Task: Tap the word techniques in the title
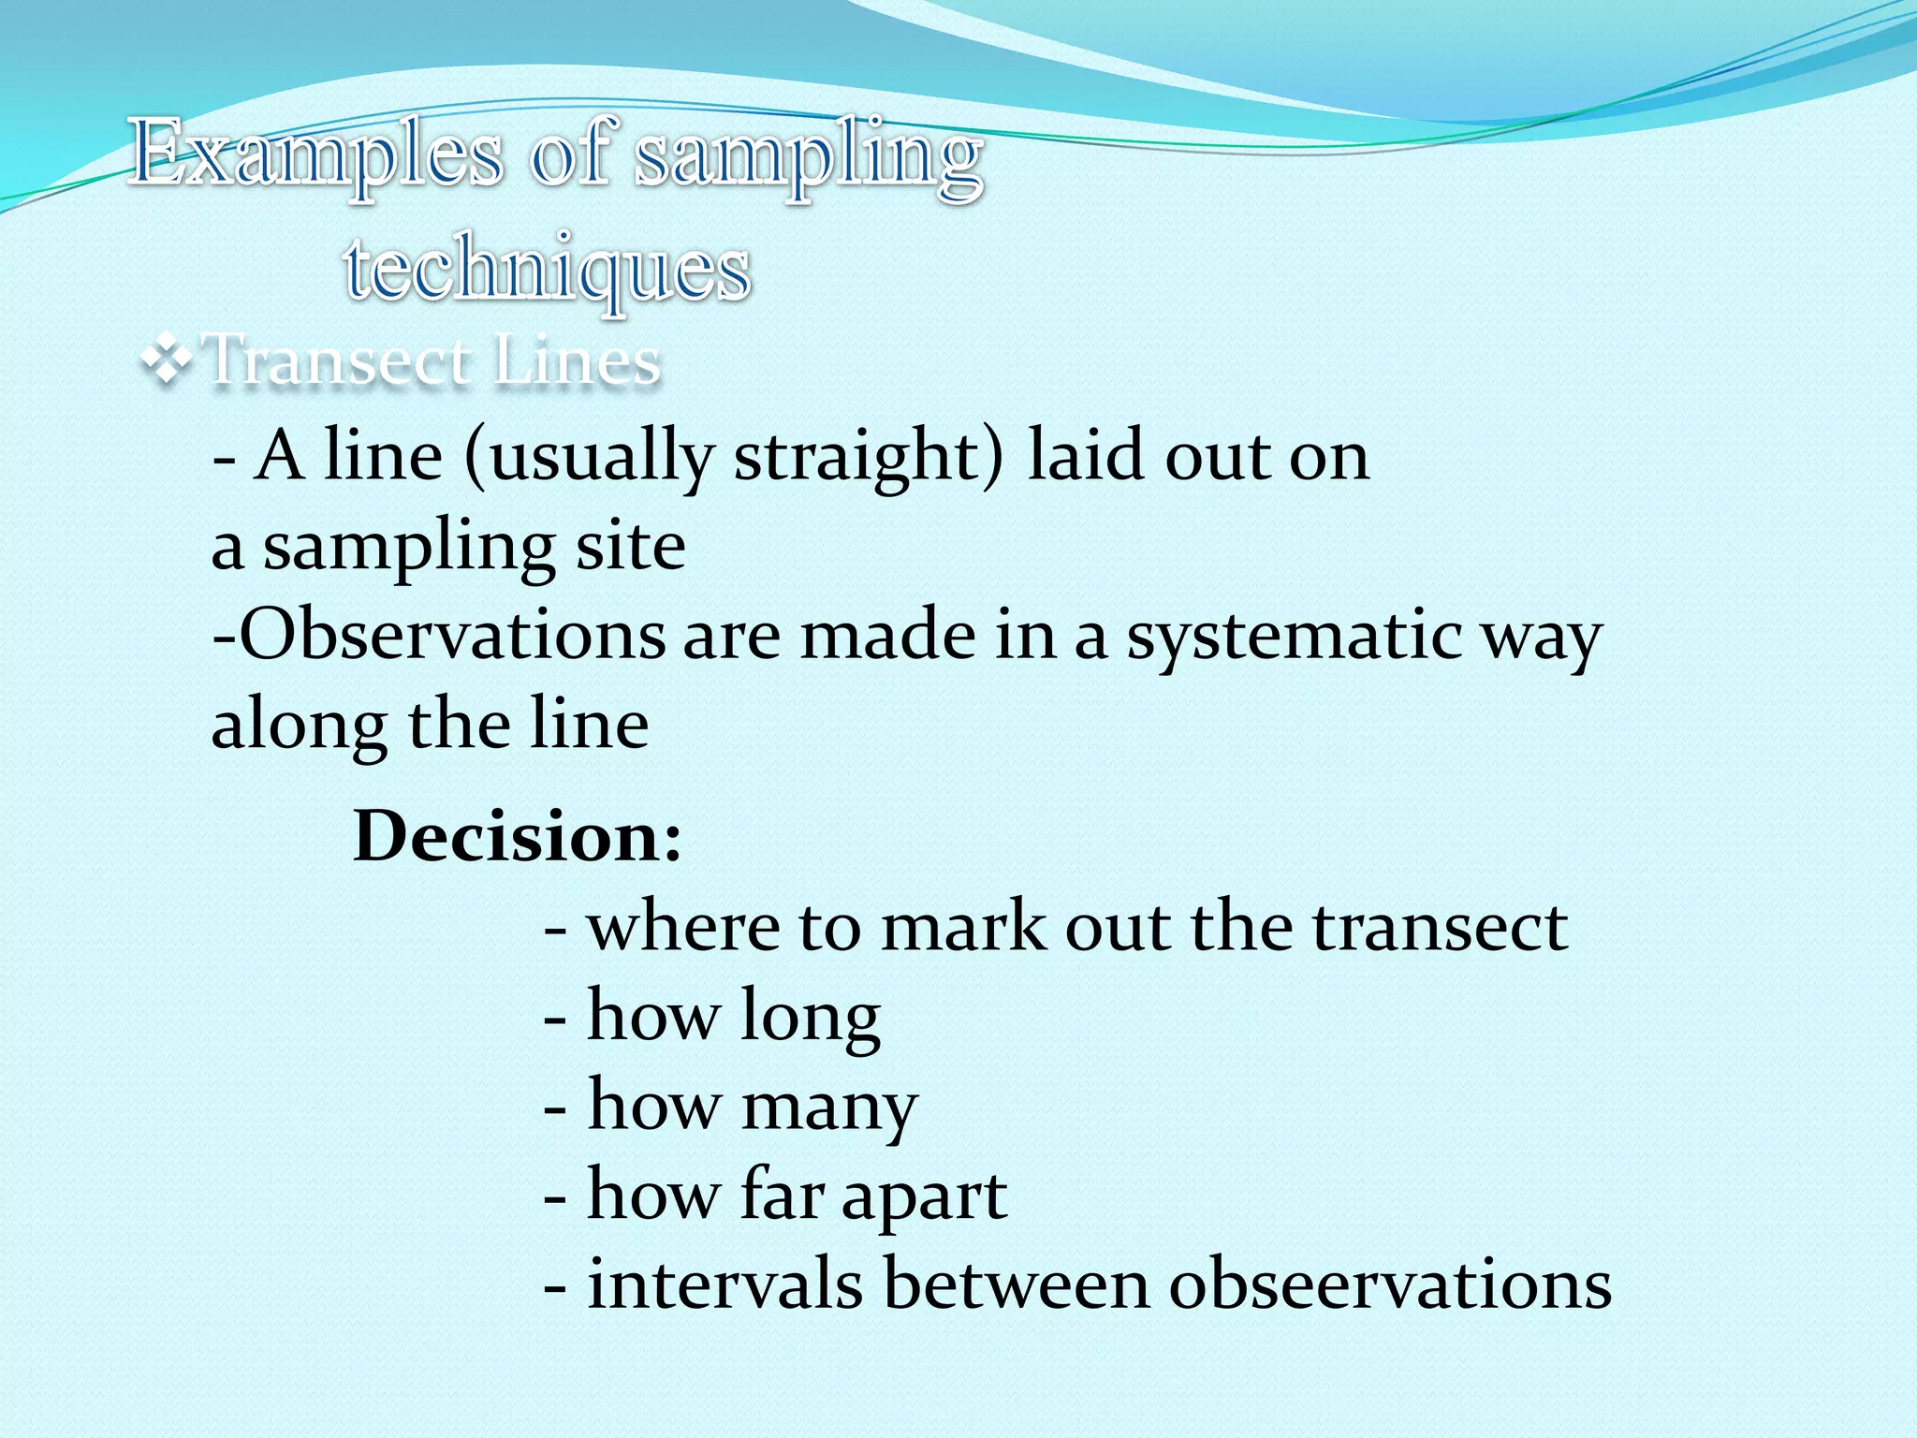548,269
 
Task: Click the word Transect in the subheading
337,360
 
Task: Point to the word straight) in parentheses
867,457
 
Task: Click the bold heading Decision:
518,835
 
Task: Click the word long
810,1017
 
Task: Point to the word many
829,1107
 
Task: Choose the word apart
924,1196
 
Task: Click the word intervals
724,1284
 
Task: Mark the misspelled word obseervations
1389,1284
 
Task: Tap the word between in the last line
1016,1284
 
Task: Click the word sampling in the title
809,154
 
